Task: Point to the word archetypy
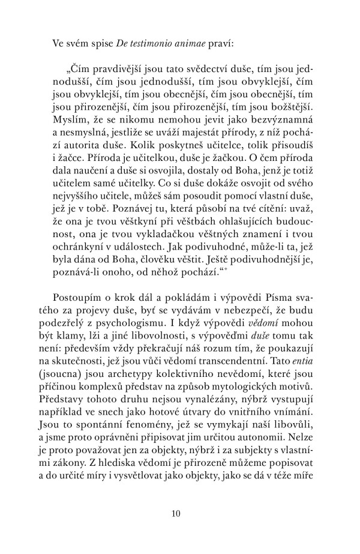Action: click(130, 423)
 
